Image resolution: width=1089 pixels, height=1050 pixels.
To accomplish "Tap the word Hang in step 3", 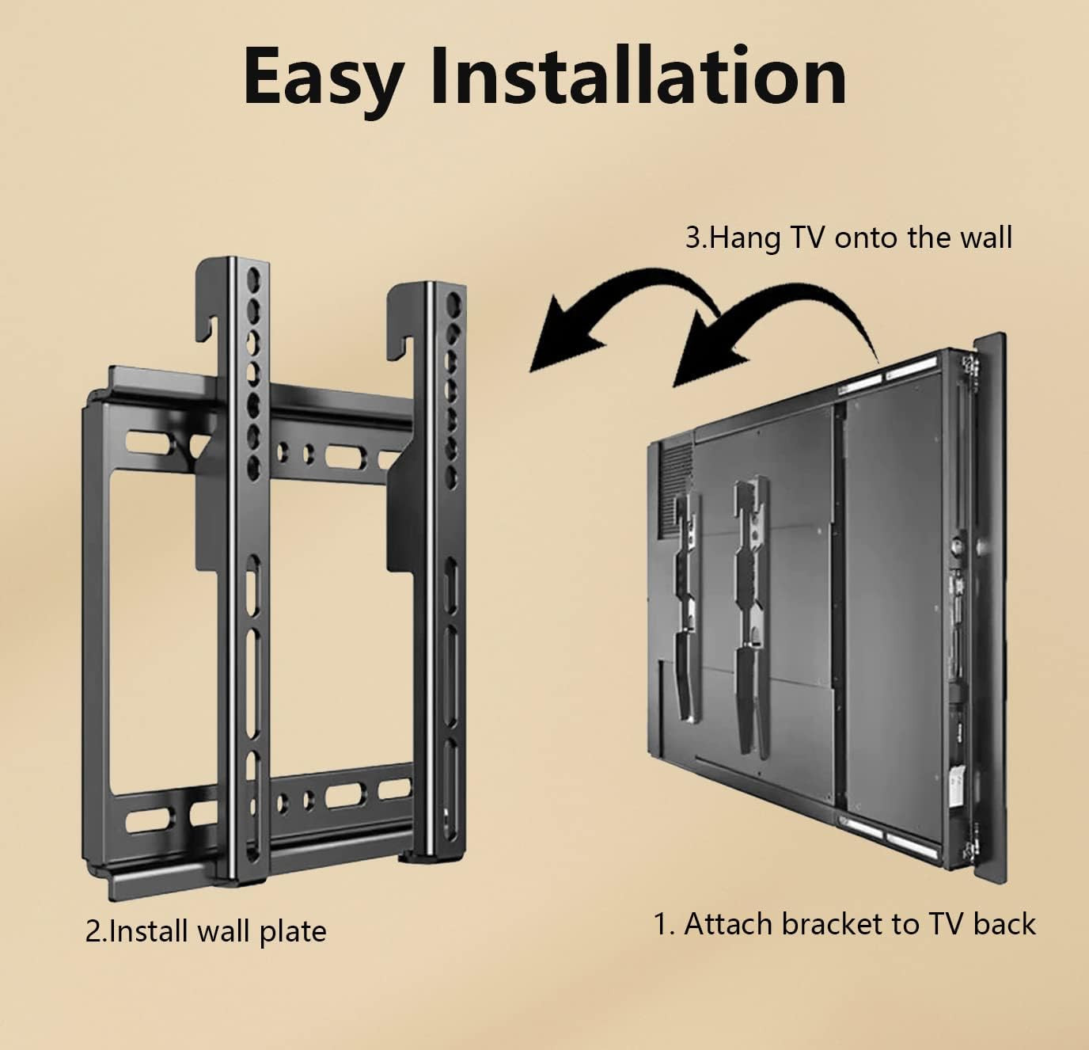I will (x=744, y=238).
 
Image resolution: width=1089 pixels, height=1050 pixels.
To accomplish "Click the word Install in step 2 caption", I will (x=148, y=932).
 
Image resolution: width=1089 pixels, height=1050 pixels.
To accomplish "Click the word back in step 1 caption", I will (x=1004, y=924).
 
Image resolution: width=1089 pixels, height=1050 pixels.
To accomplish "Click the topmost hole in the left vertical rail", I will (x=253, y=280).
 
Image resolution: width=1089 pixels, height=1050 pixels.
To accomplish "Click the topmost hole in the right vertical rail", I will (x=452, y=303).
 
